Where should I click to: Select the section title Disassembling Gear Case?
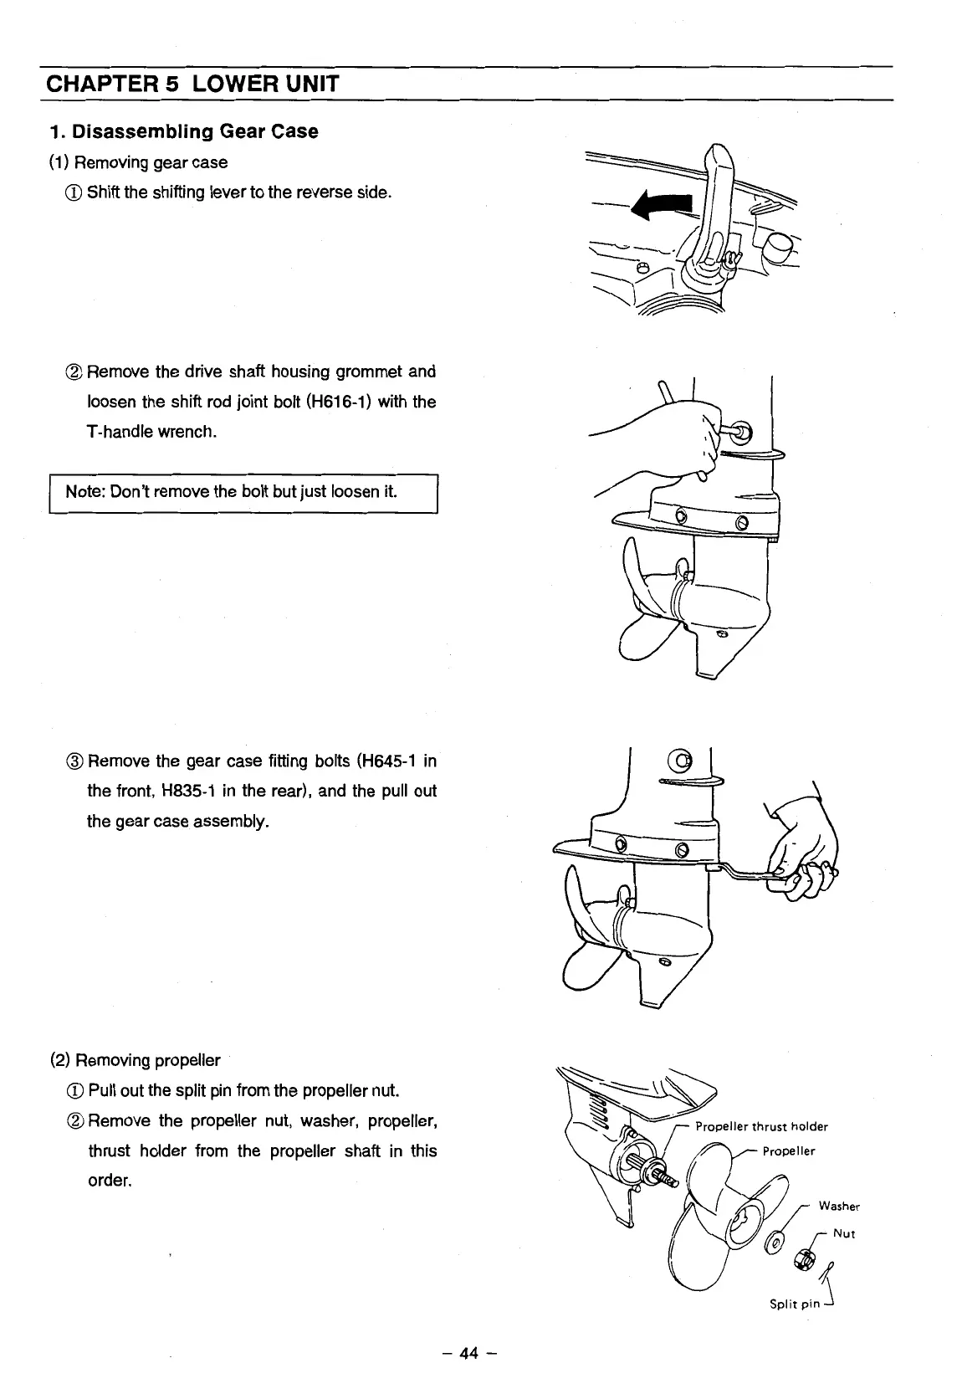pyautogui.click(x=184, y=131)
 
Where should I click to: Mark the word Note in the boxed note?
pyautogui.click(x=82, y=491)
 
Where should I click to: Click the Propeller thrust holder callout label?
pyautogui.click(x=761, y=1126)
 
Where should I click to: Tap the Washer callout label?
pyautogui.click(x=839, y=1206)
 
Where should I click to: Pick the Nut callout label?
pyautogui.click(x=844, y=1233)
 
